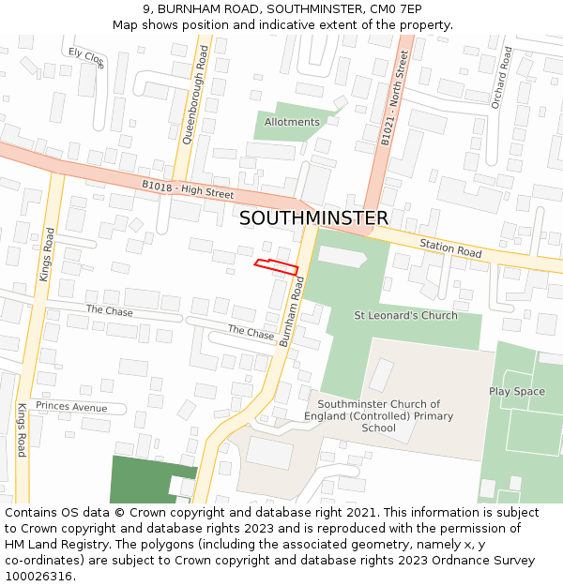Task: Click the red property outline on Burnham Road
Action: tap(276, 266)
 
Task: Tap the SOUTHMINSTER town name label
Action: tap(313, 218)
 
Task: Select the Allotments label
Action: tap(292, 122)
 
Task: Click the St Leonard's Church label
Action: tap(405, 315)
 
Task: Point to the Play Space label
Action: tap(516, 391)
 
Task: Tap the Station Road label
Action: tap(450, 249)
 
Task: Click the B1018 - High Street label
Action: tap(188, 189)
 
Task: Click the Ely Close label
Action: tap(86, 58)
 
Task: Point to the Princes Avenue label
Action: tap(71, 407)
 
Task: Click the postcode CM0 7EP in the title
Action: tap(395, 8)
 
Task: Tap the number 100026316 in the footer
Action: tap(38, 577)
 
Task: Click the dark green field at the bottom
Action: tap(141, 478)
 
